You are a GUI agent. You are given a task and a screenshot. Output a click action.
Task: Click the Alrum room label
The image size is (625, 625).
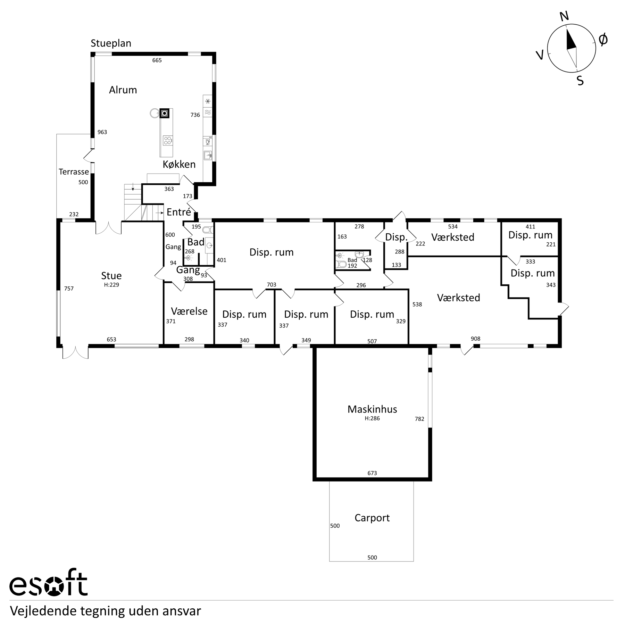tap(123, 90)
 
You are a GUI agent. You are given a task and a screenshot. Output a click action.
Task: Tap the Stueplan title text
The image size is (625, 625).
tap(111, 43)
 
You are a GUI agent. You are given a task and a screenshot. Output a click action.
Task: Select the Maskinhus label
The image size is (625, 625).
tap(372, 409)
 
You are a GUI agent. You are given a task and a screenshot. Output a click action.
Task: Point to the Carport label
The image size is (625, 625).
tap(372, 518)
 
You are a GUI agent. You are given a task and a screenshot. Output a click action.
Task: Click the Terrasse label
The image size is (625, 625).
tap(74, 172)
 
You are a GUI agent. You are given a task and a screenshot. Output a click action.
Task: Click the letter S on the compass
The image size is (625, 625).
tap(580, 81)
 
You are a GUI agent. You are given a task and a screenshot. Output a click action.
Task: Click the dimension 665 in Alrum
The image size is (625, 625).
tap(157, 60)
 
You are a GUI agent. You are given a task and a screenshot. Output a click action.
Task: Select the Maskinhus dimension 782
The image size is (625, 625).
tap(419, 419)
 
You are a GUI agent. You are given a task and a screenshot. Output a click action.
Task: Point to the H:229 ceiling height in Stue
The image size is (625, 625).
tap(111, 285)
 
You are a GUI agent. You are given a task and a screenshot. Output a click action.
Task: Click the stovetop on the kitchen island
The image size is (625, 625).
tap(167, 141)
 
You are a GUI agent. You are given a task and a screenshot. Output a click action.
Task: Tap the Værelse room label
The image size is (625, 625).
tap(189, 311)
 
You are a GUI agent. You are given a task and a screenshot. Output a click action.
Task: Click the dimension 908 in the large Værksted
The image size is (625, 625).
tap(475, 339)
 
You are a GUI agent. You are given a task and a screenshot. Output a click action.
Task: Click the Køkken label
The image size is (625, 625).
tap(179, 164)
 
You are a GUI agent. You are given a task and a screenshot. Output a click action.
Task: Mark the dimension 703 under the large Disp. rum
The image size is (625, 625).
tap(272, 285)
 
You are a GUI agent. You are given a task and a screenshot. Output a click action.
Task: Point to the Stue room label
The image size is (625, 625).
tap(111, 276)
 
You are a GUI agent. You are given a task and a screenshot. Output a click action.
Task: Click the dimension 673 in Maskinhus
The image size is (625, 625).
tap(372, 473)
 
